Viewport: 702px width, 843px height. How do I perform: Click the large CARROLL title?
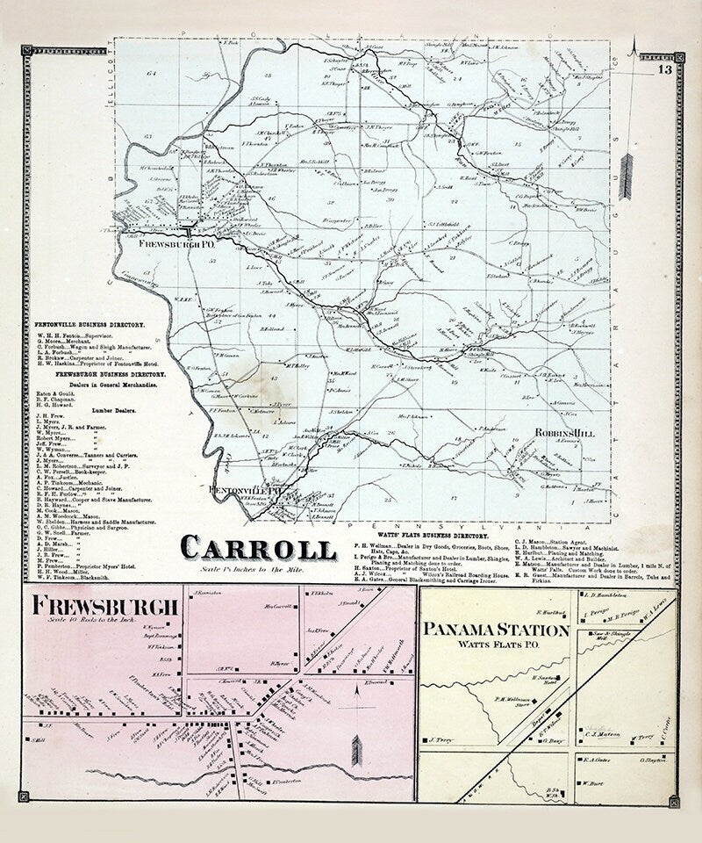(258, 548)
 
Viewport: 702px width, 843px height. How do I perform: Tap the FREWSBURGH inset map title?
(105, 606)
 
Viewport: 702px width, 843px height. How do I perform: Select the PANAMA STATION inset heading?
(497, 630)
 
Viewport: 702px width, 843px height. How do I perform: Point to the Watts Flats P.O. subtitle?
(497, 647)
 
